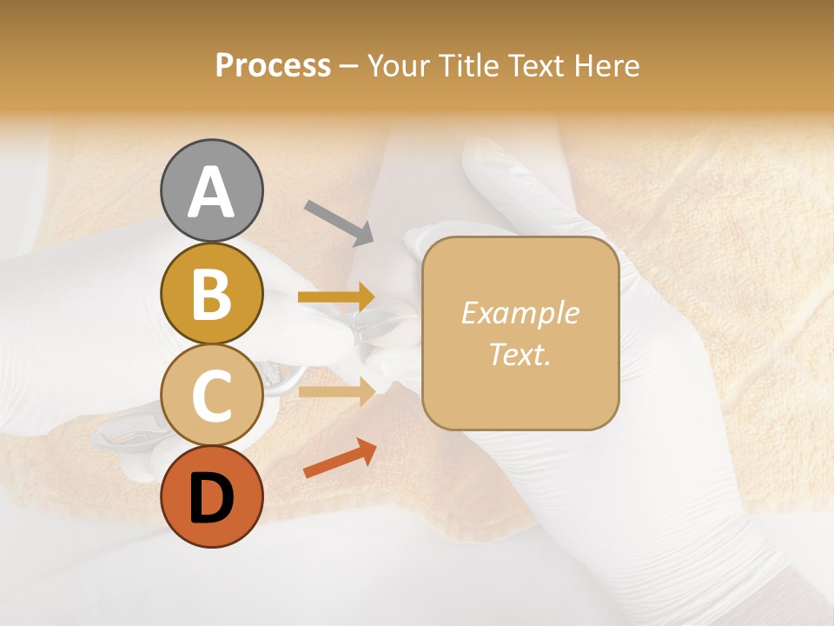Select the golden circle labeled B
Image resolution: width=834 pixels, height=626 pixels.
(211, 294)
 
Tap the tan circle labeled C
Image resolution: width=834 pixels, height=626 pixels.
(211, 396)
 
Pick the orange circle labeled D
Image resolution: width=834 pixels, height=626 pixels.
(211, 496)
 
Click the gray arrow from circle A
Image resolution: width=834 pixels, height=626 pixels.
(339, 223)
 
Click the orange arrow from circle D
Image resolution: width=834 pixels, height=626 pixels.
(340, 458)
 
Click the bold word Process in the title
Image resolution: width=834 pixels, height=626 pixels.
(273, 65)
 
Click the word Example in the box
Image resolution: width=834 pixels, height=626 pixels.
(520, 313)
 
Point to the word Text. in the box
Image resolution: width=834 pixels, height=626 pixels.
(520, 354)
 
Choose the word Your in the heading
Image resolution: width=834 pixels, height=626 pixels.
(399, 65)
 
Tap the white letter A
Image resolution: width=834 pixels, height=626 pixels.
(211, 193)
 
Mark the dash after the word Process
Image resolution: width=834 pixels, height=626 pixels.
(348, 67)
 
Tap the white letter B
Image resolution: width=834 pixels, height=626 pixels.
(211, 294)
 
